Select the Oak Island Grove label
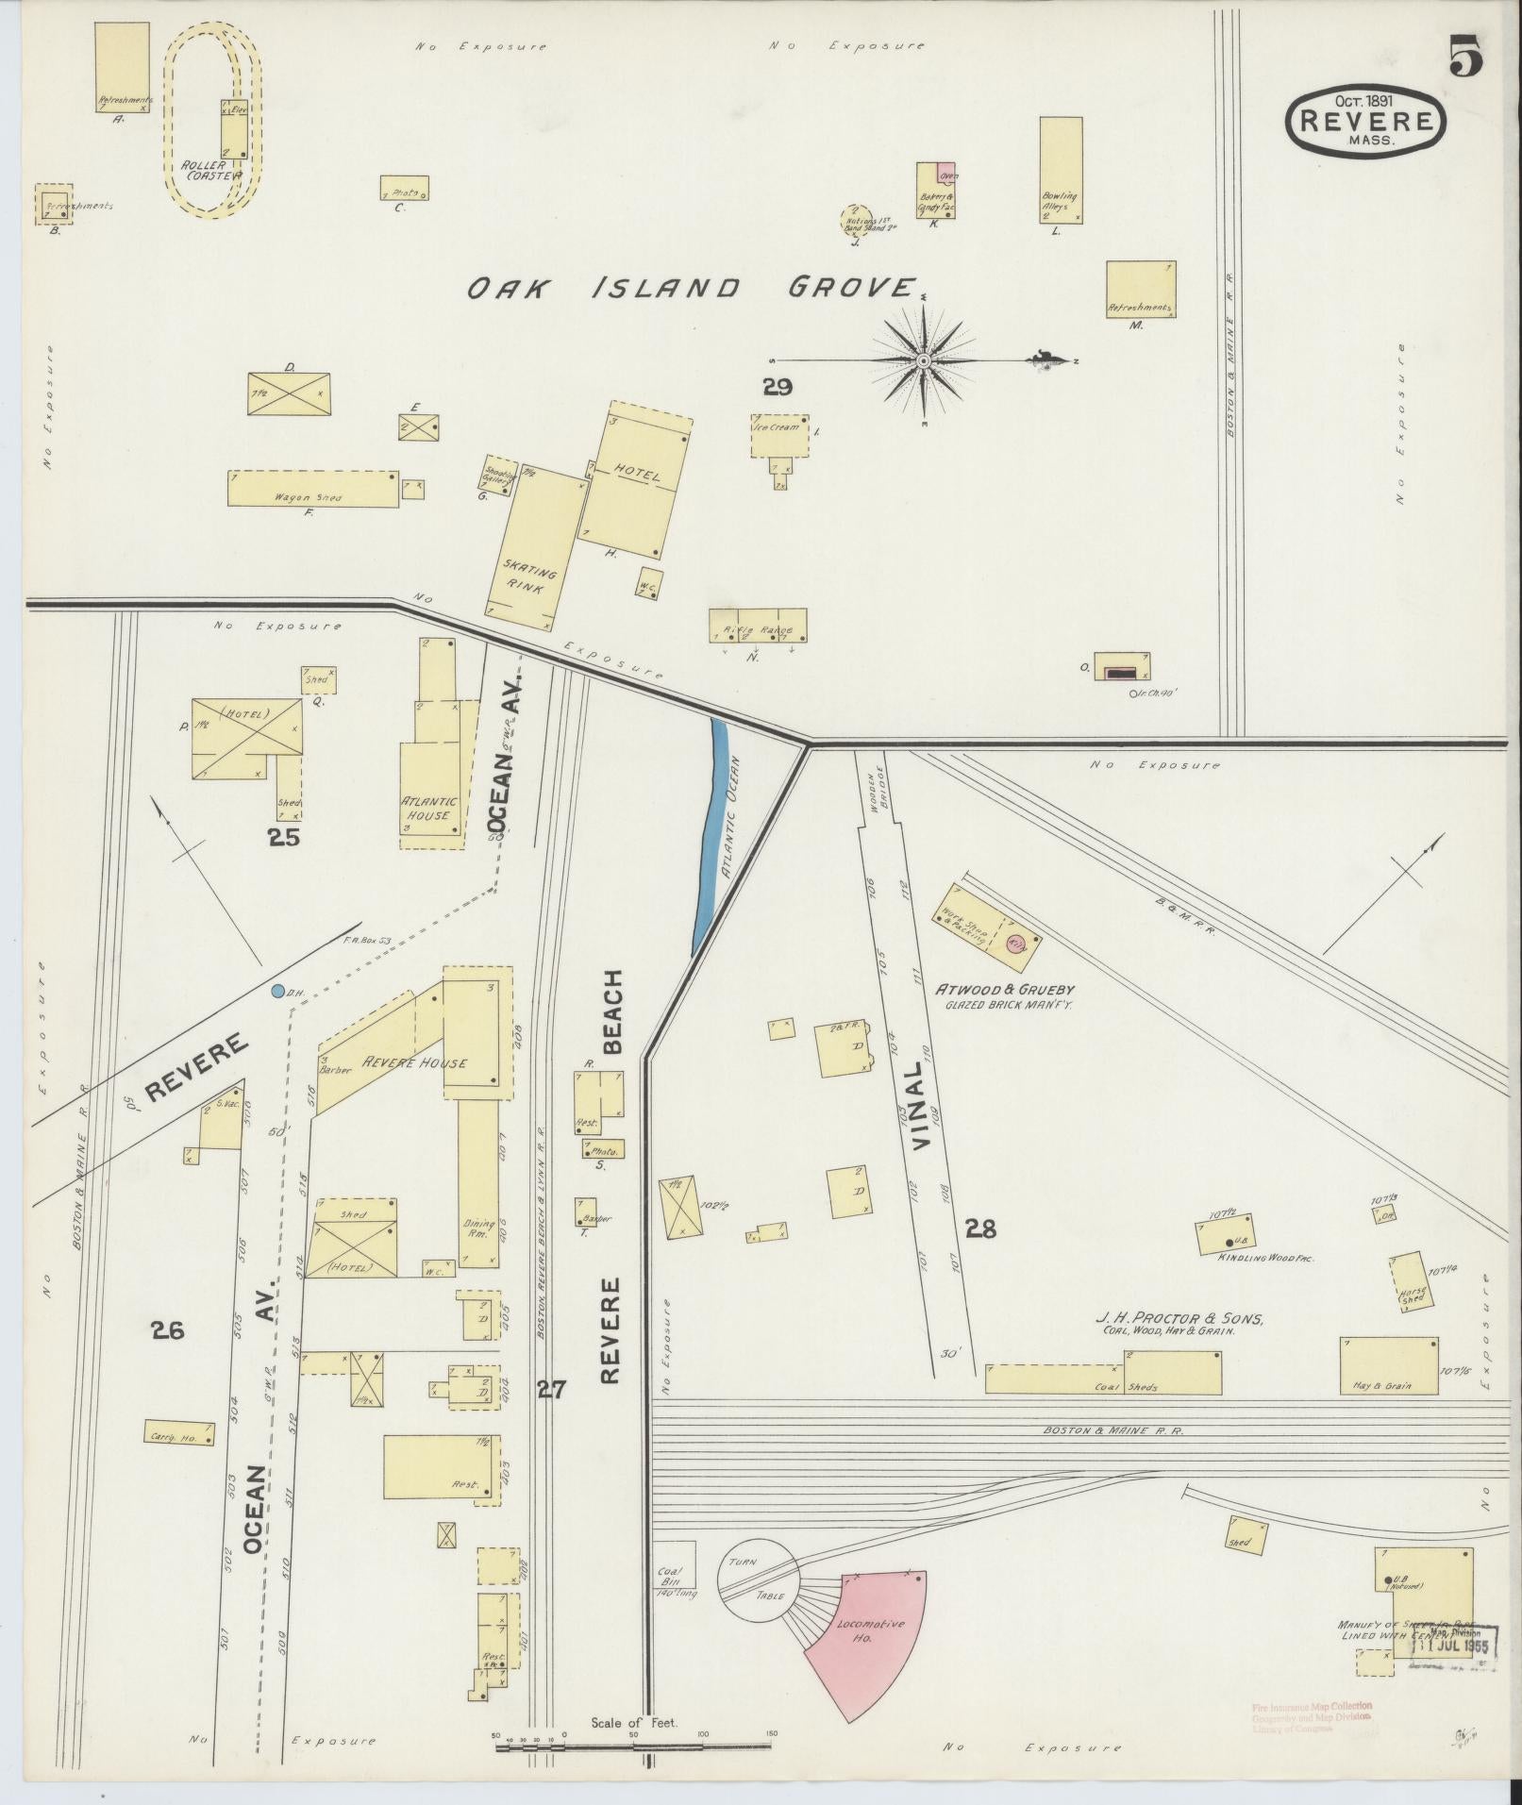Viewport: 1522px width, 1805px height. click(694, 288)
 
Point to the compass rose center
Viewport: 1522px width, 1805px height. click(924, 360)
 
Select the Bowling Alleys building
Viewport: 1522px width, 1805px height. click(1061, 170)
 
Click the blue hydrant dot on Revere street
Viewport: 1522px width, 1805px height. click(277, 991)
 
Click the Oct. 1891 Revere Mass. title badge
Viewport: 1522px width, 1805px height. click(1365, 121)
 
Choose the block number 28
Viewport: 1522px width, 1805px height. click(980, 1228)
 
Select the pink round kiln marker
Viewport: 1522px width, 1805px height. click(1016, 944)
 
